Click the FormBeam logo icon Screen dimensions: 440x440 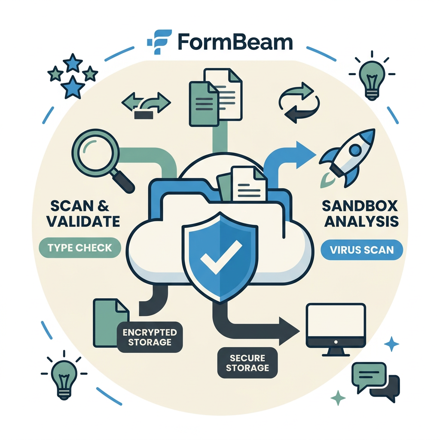159,42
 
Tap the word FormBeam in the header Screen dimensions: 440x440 235,43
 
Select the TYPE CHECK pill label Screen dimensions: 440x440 79,248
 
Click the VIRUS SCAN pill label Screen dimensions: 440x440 362,250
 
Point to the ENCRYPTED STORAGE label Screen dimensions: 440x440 150,337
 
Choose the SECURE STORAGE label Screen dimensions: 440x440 247,363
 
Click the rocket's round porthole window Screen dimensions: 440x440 355,150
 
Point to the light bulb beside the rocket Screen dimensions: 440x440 372,79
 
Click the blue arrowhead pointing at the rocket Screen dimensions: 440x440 306,155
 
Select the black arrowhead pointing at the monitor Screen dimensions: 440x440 289,331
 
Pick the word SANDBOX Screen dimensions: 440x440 360,206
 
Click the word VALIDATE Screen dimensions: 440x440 83,222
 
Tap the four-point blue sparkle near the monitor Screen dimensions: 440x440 391,344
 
